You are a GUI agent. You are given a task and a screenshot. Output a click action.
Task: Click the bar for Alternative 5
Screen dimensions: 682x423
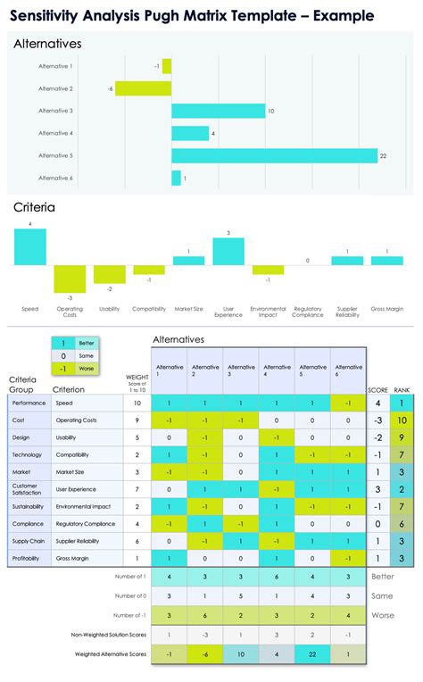[x=274, y=155]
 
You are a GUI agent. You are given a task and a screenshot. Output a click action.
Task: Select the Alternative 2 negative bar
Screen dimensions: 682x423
[x=144, y=88]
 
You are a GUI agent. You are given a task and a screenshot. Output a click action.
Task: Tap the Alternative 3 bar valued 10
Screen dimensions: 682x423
[x=218, y=111]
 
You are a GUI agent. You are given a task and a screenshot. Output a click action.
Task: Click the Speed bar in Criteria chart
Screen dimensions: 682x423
[x=29, y=247]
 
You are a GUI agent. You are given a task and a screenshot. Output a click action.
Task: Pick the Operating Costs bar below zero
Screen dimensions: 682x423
[x=70, y=278]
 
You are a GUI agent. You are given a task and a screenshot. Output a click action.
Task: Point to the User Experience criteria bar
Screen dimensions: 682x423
[x=228, y=253]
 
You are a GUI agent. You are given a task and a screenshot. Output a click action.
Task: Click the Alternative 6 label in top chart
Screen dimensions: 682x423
[x=55, y=178]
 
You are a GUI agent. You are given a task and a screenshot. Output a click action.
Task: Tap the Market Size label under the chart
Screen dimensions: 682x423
[x=188, y=309]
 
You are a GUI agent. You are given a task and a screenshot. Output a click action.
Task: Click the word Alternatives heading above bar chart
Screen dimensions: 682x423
[x=48, y=44]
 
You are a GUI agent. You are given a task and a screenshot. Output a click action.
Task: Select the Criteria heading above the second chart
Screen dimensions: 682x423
[x=34, y=207]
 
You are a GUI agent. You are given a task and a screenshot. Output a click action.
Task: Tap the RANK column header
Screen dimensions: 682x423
[x=402, y=389]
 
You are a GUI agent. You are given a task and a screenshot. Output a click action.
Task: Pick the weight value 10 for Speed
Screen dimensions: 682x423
[x=137, y=403]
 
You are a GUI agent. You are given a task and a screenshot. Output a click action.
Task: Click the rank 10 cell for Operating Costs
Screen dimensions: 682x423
[x=402, y=420]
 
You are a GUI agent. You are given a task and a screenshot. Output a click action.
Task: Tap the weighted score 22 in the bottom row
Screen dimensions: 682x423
[x=312, y=655]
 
